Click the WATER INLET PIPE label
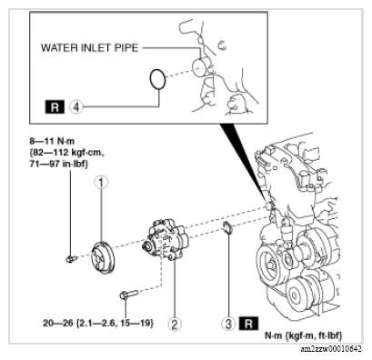point(89,48)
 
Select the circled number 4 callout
point(76,107)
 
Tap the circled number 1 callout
point(101,183)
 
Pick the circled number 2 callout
point(175,325)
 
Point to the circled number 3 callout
point(228,324)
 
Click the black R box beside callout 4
point(55,107)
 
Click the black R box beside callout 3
point(248,324)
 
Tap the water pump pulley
point(104,258)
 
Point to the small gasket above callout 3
point(227,228)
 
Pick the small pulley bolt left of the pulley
point(71,259)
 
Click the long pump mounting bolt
point(128,295)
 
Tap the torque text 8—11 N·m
point(52,141)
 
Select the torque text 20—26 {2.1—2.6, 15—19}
point(98,324)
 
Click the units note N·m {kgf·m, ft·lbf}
point(304,335)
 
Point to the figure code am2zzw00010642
point(331,349)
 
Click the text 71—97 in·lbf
point(58,164)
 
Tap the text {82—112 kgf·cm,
point(66,153)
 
